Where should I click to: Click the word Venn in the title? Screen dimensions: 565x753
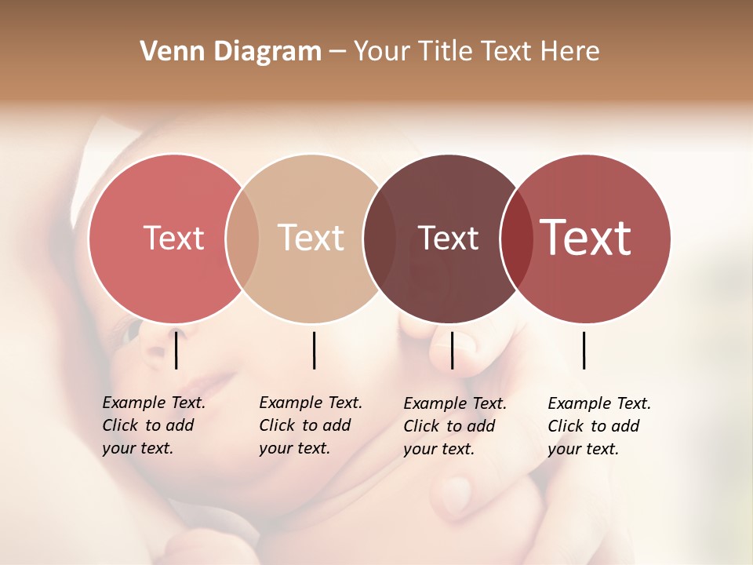(169, 52)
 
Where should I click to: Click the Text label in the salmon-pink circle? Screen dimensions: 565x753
(173, 238)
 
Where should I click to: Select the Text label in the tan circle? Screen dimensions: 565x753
(311, 238)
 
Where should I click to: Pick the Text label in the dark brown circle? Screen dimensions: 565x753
(448, 238)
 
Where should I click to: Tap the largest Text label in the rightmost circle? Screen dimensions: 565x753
(586, 238)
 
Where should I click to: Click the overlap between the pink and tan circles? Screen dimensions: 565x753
(242, 238)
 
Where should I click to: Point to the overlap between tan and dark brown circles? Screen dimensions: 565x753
(380, 238)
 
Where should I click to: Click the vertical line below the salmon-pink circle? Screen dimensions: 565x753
(176, 350)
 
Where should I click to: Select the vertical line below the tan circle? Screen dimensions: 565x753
(314, 350)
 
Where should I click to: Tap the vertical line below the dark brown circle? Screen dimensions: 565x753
(452, 350)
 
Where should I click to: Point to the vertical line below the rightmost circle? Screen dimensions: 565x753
(584, 350)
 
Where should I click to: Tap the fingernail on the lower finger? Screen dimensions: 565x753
(457, 494)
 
